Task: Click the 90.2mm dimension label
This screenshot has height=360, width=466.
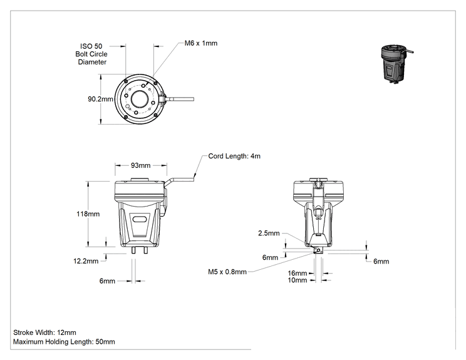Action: (x=100, y=99)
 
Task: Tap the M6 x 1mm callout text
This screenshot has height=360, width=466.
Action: (x=201, y=43)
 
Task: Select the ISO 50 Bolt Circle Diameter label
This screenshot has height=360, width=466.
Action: (x=91, y=54)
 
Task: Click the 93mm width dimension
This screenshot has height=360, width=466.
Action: (x=140, y=165)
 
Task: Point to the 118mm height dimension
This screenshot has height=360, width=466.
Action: (x=88, y=214)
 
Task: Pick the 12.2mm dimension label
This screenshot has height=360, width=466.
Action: (x=86, y=261)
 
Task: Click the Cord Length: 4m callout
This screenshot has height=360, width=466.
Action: (x=234, y=156)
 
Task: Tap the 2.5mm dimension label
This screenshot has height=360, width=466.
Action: (x=269, y=233)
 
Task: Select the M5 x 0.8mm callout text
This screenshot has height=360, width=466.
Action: (x=227, y=272)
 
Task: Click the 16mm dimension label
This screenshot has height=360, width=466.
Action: (x=297, y=273)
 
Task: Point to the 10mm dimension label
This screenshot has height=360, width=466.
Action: (x=297, y=280)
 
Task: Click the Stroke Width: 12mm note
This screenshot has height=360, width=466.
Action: (x=44, y=332)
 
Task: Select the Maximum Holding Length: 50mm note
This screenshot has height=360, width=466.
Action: (x=64, y=342)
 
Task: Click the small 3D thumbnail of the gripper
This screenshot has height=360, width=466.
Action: (x=396, y=63)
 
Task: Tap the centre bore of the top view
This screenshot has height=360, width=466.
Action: (x=139, y=99)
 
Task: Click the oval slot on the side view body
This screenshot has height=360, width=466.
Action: (x=140, y=219)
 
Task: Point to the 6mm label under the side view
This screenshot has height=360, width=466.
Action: (x=107, y=281)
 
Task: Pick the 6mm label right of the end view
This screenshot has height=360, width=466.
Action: (x=381, y=261)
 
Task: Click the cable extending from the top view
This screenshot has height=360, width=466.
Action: (x=179, y=99)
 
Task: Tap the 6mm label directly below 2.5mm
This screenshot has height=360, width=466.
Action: (x=270, y=257)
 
